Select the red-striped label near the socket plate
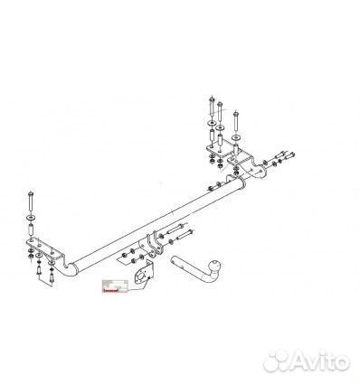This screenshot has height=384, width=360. (112, 284)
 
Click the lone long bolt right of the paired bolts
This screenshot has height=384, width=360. (234, 117)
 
